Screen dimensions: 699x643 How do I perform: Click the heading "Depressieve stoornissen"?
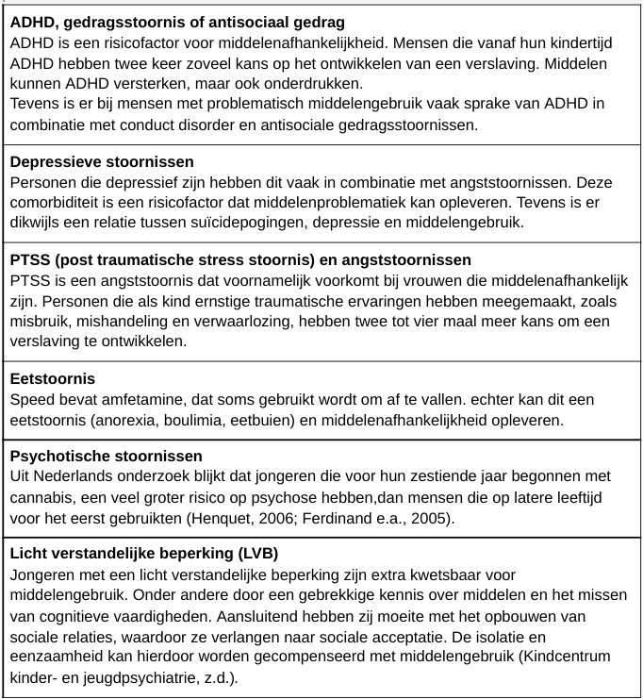click(102, 162)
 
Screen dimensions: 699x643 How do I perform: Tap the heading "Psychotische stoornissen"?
click(106, 457)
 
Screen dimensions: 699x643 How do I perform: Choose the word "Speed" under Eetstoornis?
click(32, 398)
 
